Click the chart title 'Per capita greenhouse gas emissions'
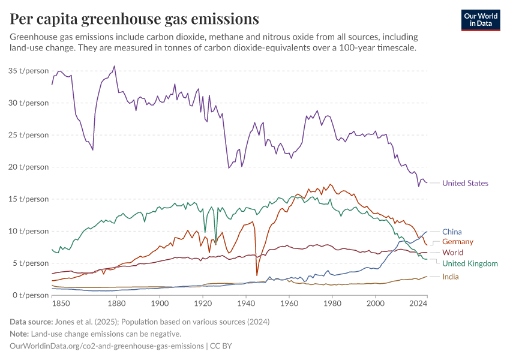[x=134, y=19]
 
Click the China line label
[x=452, y=232]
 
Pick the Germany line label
[x=458, y=242]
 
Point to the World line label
[x=452, y=253]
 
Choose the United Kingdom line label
[x=470, y=263]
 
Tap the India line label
[x=451, y=277]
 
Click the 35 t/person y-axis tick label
[x=29, y=71]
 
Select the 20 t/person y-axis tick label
[x=29, y=167]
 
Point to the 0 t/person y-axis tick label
[x=31, y=295]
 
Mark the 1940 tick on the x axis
[x=246, y=305]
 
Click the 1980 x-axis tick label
[x=332, y=305]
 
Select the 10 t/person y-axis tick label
[x=29, y=231]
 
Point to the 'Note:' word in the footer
[x=21, y=334]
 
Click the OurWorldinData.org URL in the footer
[x=106, y=346]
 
